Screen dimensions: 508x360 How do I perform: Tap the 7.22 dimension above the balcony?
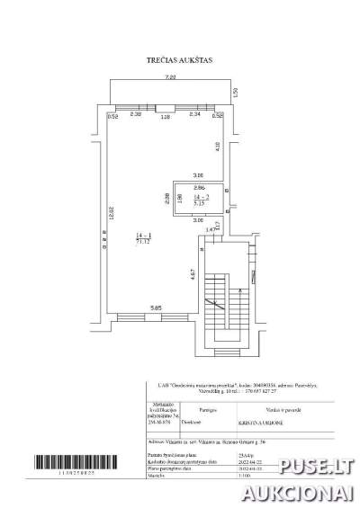point(170,79)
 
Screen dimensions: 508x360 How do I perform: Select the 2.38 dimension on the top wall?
point(136,115)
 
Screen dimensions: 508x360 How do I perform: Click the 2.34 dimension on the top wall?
point(193,115)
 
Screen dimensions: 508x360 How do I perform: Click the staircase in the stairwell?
point(220,306)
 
